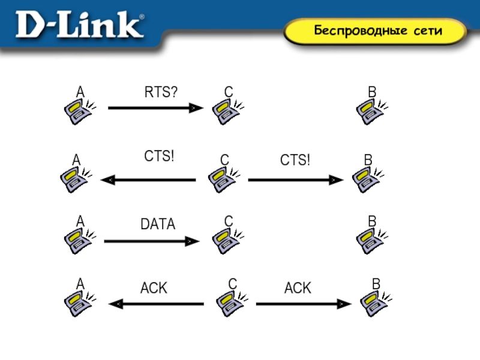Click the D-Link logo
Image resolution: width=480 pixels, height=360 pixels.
tap(80, 26)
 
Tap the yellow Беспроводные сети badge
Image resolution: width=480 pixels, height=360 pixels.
tap(374, 31)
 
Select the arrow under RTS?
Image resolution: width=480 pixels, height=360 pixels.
tap(155, 108)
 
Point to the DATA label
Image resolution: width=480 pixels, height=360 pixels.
tap(158, 224)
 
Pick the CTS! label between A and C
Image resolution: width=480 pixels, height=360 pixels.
tap(160, 157)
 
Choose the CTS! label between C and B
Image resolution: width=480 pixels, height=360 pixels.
tap(296, 160)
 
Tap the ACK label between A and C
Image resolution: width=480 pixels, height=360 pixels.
tap(154, 289)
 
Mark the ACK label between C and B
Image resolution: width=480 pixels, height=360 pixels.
tap(298, 289)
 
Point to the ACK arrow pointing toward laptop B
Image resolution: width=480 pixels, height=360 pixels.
tap(304, 304)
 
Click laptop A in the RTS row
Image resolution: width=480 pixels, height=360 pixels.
tap(79, 111)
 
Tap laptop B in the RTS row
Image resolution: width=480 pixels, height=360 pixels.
tap(371, 111)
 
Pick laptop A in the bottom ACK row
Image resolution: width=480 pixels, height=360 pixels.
tap(79, 302)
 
